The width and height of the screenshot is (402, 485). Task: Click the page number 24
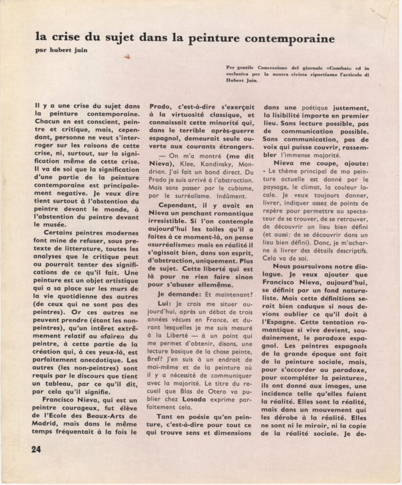tap(36, 449)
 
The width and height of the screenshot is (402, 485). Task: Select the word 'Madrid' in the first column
tap(47, 423)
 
